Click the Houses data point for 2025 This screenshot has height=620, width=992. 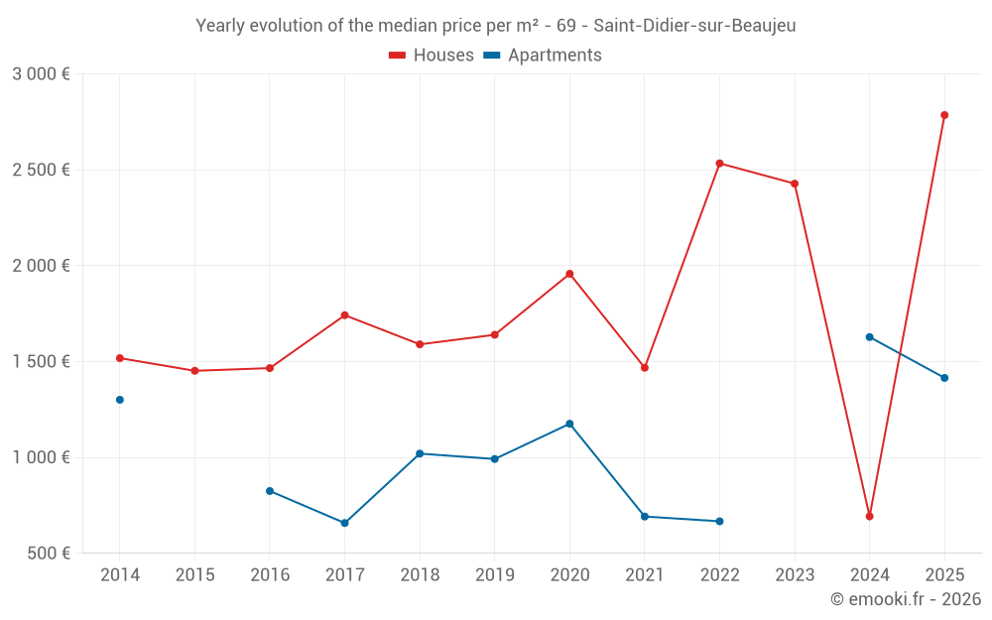point(944,115)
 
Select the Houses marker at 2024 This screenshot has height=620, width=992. point(869,516)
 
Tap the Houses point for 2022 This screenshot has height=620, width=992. point(719,164)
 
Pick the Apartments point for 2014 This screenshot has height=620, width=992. point(120,400)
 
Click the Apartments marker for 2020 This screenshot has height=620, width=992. point(569,424)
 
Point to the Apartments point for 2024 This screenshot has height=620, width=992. point(869,337)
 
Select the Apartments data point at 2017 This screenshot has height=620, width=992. point(344,523)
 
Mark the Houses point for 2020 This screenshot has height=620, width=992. point(569,274)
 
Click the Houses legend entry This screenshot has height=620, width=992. point(432,56)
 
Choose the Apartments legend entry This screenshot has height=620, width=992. point(543,56)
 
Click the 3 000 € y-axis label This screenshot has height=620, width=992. point(41,74)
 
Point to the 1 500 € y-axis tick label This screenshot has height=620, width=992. point(41,362)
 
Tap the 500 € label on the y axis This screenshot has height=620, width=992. point(48,554)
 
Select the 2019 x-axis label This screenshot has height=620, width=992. point(494,575)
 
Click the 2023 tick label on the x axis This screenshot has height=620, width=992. point(795,575)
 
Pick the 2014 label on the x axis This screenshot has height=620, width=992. point(120,575)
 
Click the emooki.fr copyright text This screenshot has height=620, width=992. point(905,599)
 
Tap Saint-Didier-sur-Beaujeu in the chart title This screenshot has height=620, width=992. point(694,26)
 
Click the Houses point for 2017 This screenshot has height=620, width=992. point(344,315)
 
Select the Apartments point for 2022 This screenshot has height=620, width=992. point(719,521)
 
